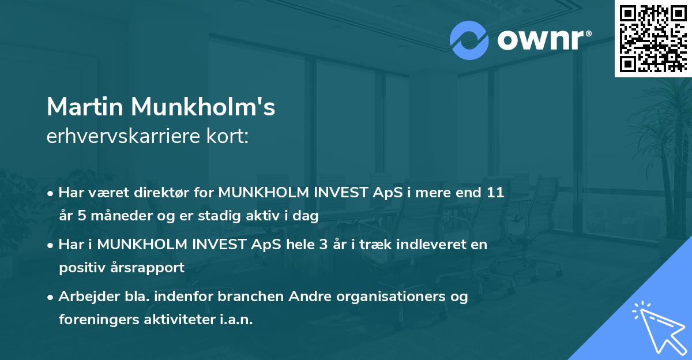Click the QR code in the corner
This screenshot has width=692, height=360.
pyautogui.click(x=653, y=38)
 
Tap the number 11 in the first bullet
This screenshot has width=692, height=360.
pyautogui.click(x=495, y=193)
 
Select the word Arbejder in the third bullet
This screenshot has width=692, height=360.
pyautogui.click(x=84, y=297)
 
